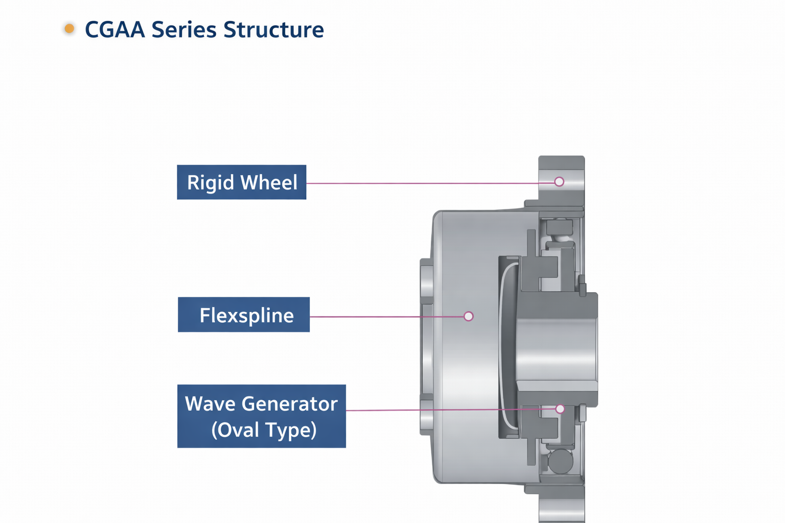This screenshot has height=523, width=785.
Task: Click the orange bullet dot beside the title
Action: [x=70, y=29]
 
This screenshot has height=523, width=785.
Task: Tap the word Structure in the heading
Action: [x=273, y=30]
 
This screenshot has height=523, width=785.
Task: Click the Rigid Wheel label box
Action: [x=241, y=182]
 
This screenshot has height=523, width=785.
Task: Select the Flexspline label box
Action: [x=244, y=315]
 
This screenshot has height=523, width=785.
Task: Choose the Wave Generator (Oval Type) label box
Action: [x=261, y=416]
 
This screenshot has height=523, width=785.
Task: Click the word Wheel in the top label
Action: [x=269, y=182]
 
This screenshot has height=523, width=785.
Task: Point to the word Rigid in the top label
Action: [x=210, y=183]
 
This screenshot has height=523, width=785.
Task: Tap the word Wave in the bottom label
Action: [x=210, y=404]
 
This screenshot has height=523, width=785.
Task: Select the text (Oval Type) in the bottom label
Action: [x=264, y=430]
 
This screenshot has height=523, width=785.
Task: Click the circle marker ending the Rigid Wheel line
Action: [x=559, y=182]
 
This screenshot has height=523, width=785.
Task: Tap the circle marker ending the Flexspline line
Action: [x=469, y=317]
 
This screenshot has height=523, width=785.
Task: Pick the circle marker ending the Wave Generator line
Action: [x=560, y=409]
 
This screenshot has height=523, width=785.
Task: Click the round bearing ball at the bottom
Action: [x=560, y=461]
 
